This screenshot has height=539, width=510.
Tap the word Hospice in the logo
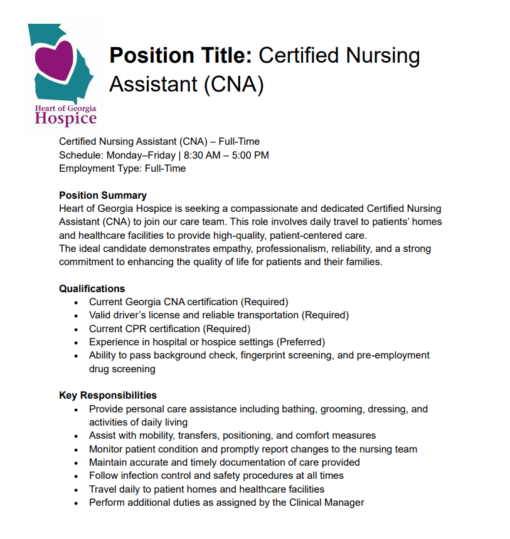click(x=66, y=118)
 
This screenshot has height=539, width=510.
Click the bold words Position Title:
click(x=181, y=56)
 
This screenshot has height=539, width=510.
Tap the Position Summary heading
click(x=103, y=195)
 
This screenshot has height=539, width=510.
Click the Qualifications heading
click(x=92, y=288)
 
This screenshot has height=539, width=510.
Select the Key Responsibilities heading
click(x=108, y=395)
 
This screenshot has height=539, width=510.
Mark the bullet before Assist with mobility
click(x=76, y=436)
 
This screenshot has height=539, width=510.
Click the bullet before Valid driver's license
click(x=76, y=315)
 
